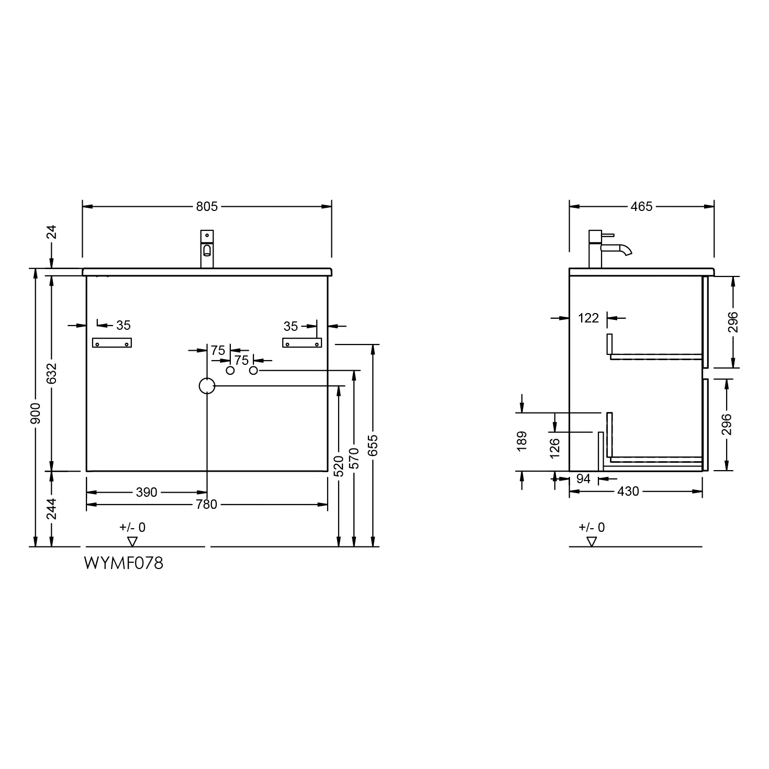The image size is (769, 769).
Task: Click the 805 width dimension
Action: point(207,206)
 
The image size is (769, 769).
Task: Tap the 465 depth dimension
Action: point(641,206)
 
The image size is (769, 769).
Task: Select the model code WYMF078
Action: point(124,563)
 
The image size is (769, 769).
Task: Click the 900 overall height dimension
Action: point(36,414)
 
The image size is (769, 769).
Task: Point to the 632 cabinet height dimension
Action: point(51,374)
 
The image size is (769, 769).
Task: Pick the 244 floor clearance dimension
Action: point(51,509)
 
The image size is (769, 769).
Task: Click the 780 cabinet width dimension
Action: point(206,505)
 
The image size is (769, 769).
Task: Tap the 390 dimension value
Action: point(147,492)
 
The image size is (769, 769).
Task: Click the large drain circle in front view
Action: point(207,386)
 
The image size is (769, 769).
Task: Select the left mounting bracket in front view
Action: point(112,343)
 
